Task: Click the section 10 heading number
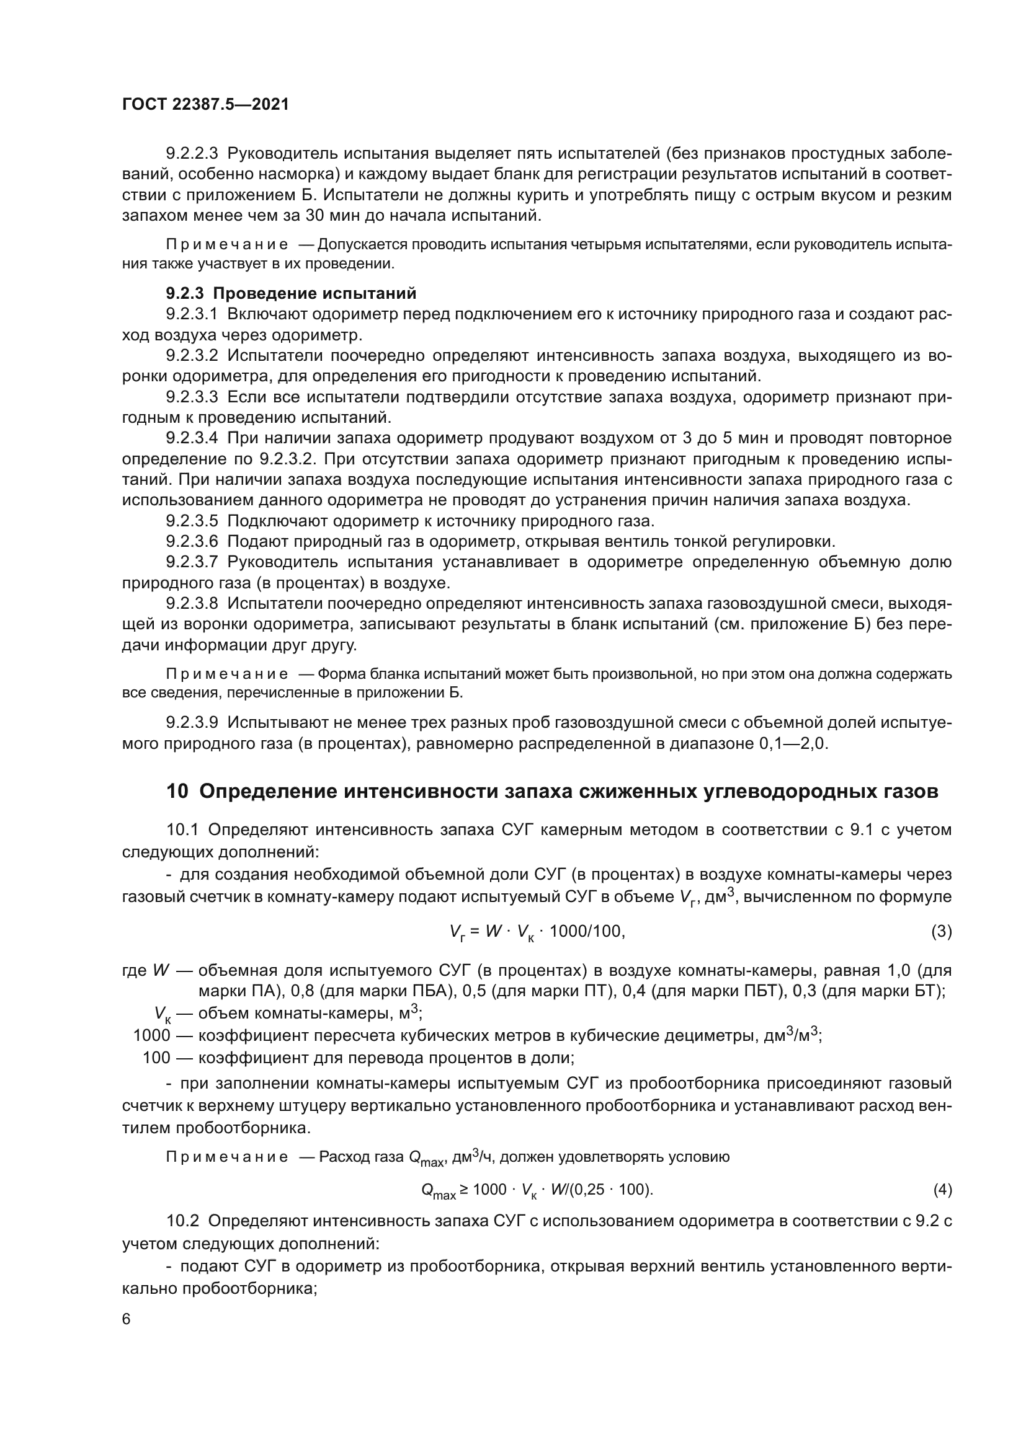[177, 791]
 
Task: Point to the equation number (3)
[942, 932]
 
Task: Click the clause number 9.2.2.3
[192, 154]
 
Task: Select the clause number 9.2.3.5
[192, 521]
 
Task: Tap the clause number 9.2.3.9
[192, 722]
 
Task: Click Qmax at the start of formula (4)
[438, 1191]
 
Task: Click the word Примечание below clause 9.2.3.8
[227, 674]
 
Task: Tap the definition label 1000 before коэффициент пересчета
[151, 1036]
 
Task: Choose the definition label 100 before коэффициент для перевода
[157, 1057]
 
